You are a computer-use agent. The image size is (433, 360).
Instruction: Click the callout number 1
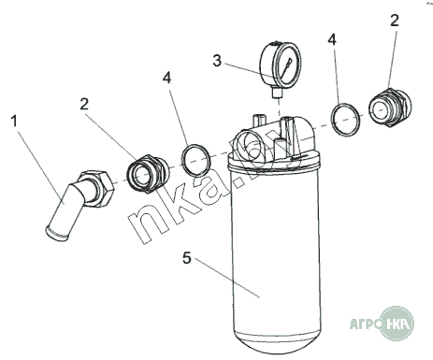pos(14,121)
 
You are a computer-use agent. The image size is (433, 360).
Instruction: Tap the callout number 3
pos(217,61)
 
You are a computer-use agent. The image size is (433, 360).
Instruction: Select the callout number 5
pos(186,258)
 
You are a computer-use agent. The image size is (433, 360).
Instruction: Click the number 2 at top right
pos(395,21)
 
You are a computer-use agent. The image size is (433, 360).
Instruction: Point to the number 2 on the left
pos(84,104)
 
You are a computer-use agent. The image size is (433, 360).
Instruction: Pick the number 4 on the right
pos(332,40)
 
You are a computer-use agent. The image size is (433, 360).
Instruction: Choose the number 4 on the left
pos(167,78)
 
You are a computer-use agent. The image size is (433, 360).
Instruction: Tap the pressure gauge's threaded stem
pos(277,93)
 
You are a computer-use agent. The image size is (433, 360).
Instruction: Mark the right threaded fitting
pos(390,107)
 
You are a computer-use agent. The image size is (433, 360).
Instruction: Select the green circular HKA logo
pos(397,324)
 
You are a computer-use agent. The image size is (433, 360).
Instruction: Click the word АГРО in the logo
pos(365,324)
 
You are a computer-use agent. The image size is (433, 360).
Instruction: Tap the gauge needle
pos(287,67)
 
